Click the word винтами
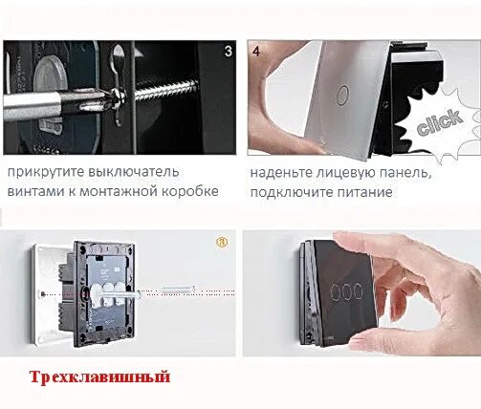pos(36,191)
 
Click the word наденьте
pos(285,173)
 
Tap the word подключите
pos(295,191)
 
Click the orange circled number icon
pos(222,242)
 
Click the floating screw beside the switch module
pos(178,288)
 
